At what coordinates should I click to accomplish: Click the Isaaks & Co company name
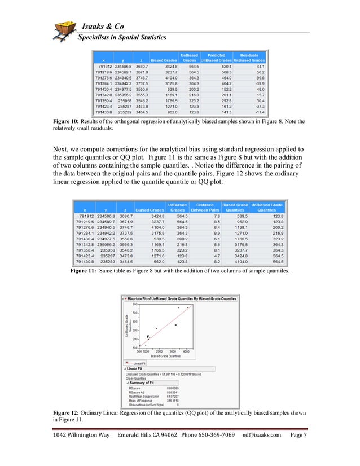tap(107, 28)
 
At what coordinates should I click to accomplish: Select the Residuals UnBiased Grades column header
tap(249, 58)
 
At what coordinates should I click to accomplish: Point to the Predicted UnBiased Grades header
tap(216, 58)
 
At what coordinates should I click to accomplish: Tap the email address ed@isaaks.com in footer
tap(262, 452)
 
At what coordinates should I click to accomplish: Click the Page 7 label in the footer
tap(298, 452)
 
